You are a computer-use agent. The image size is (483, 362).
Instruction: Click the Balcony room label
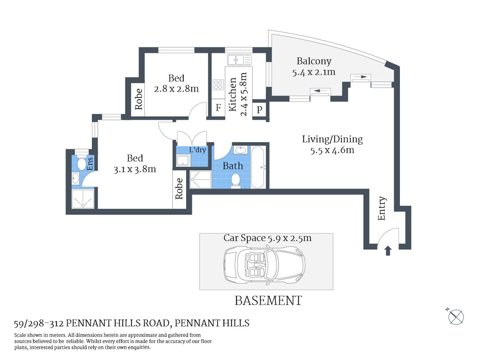click(x=314, y=61)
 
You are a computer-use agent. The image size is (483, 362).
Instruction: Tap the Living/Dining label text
click(x=332, y=139)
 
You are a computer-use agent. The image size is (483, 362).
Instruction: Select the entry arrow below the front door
click(x=388, y=251)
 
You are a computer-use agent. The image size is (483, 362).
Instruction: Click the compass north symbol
click(x=456, y=316)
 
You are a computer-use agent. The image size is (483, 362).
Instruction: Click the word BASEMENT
click(x=268, y=301)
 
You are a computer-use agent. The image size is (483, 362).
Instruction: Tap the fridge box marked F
click(x=218, y=108)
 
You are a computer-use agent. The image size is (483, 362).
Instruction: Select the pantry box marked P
click(x=259, y=110)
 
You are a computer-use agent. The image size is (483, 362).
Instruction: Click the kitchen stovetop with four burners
click(x=218, y=84)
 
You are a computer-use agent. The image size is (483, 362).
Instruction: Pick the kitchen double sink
click(x=239, y=60)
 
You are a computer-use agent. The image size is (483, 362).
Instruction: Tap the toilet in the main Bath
click(x=236, y=180)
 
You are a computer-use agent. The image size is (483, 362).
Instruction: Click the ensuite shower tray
click(x=82, y=199)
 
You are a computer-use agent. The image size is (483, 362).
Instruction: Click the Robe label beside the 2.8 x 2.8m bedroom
click(x=139, y=99)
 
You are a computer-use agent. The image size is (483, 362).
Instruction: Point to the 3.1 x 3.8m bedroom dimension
click(x=135, y=169)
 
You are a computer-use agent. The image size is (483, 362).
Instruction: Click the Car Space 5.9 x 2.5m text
click(x=267, y=238)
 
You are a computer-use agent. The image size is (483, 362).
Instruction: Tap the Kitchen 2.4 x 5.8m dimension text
click(x=244, y=94)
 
